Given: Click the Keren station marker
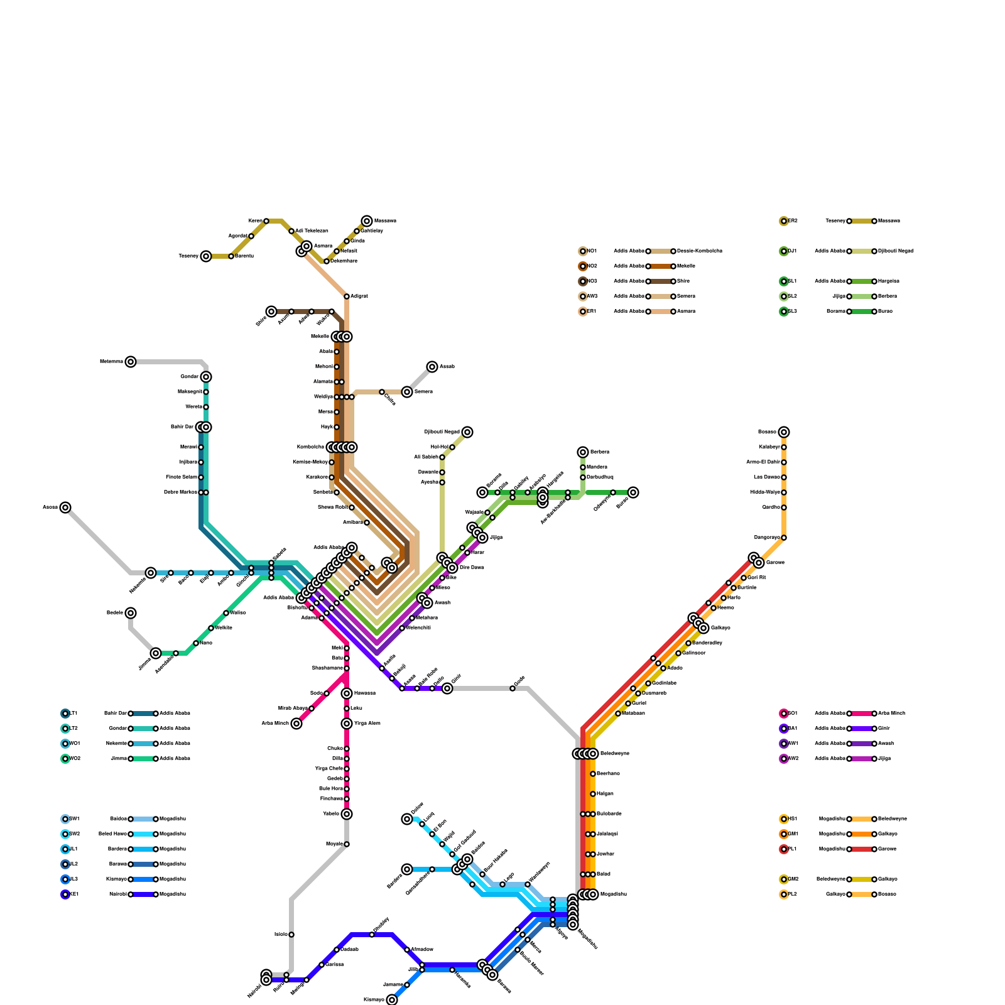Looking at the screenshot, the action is coord(266,221).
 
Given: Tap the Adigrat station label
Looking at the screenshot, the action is coord(359,296).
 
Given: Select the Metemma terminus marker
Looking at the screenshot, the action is coord(131,362).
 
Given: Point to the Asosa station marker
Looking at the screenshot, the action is coord(65,508).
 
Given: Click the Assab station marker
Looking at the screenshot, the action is coord(432,367).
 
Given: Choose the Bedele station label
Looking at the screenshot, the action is coord(115,612).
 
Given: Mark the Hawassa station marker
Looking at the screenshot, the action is coord(347,693).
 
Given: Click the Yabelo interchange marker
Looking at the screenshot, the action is coord(347,814).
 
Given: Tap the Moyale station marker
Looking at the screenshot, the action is coord(347,844).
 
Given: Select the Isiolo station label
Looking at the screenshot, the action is coord(281,935).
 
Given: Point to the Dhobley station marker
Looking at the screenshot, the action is coord(372,935).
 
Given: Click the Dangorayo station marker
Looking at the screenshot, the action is coord(784,538).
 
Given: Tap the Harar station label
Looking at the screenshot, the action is coord(477,553).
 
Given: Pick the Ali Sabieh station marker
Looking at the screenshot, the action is coord(442,457).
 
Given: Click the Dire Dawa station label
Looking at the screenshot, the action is coord(472,568).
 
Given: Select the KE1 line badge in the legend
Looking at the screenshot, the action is coord(65,894).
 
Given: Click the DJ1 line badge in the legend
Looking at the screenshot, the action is coord(784,251).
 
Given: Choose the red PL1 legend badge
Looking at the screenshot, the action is coord(784,849).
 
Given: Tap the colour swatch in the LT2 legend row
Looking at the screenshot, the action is coord(143,729).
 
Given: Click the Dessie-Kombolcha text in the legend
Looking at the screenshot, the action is coord(700,251).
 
